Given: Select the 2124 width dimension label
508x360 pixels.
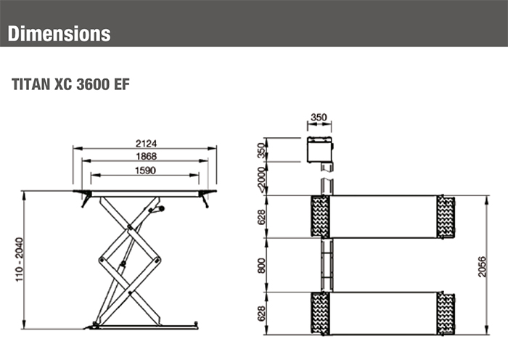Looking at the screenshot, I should click(146, 143).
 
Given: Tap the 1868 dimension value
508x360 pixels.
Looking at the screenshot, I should click(146, 157).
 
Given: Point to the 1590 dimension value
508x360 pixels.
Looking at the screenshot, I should click(146, 170).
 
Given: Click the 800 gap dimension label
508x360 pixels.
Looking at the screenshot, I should click(262, 265).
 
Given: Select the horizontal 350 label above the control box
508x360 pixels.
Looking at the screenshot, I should click(319, 117).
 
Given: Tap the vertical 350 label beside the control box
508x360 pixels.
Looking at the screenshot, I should click(262, 150).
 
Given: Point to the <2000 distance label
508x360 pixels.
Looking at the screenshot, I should click(262, 178).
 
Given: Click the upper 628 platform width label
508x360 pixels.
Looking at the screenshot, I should click(262, 216).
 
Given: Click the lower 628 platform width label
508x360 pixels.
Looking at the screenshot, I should click(262, 313).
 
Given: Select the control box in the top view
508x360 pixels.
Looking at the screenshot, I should click(319, 150).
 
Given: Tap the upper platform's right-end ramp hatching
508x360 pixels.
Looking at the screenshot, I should click(446, 216).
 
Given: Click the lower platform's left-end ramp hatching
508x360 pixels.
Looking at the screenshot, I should click(320, 313).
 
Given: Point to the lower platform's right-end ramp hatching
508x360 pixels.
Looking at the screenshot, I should click(446, 313).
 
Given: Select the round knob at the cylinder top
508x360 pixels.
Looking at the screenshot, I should click(160, 209).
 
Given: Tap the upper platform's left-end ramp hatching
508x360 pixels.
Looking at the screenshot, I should click(320, 216).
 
